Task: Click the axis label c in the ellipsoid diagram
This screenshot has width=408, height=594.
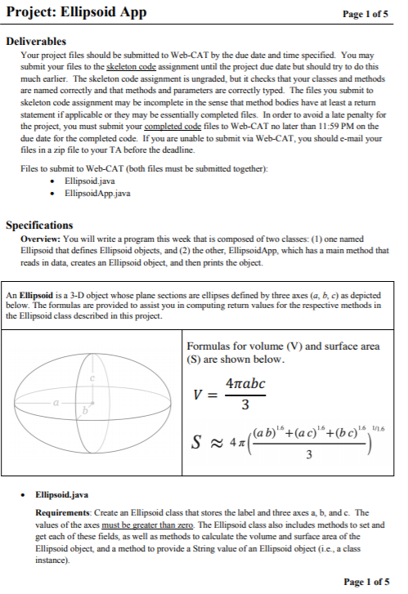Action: (94, 378)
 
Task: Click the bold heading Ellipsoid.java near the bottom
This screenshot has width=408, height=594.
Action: (61, 496)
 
